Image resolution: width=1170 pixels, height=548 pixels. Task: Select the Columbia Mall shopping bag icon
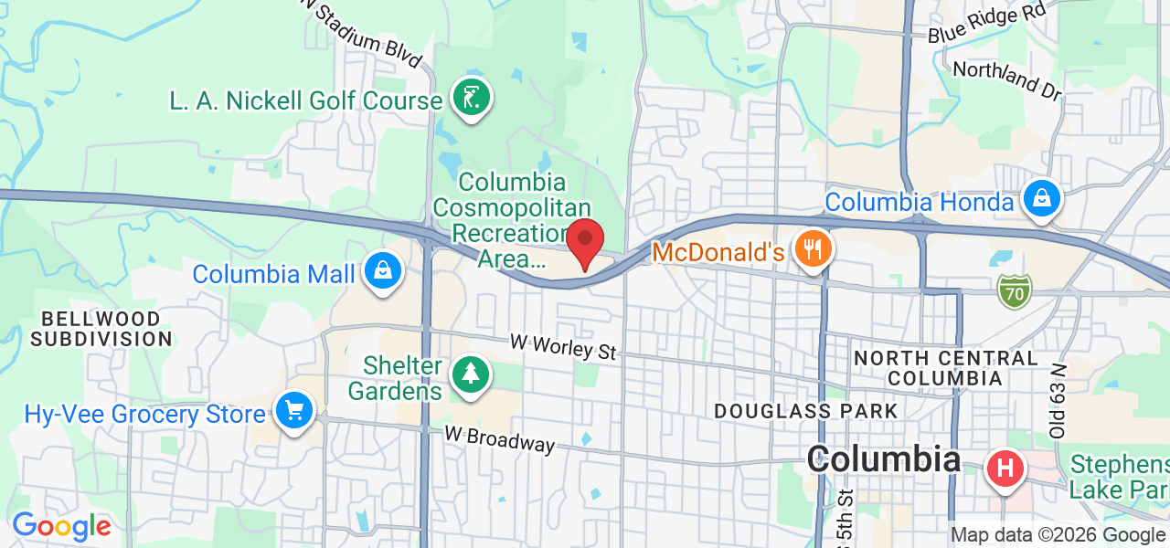coord(382,271)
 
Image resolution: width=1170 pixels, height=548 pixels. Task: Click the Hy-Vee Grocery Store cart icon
coord(293,412)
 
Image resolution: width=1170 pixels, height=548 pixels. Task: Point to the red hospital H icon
coord(1005,470)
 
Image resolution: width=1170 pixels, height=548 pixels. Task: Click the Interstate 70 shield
coord(1014,290)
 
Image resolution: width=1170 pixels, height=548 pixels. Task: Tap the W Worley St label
coord(563,346)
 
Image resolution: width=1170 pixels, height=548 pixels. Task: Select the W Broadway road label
coord(500,438)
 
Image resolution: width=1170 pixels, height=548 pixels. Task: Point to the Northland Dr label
coord(1007,80)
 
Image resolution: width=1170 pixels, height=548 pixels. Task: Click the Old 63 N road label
coord(1058,401)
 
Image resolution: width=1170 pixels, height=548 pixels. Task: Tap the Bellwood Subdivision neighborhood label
coord(101,329)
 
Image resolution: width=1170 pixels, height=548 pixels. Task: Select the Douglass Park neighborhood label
coord(806,411)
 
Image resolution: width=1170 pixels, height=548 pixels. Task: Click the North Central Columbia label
coord(945,367)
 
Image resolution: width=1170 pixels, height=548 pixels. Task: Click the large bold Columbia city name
coord(883,459)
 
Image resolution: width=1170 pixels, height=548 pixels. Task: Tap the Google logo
coord(61,526)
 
